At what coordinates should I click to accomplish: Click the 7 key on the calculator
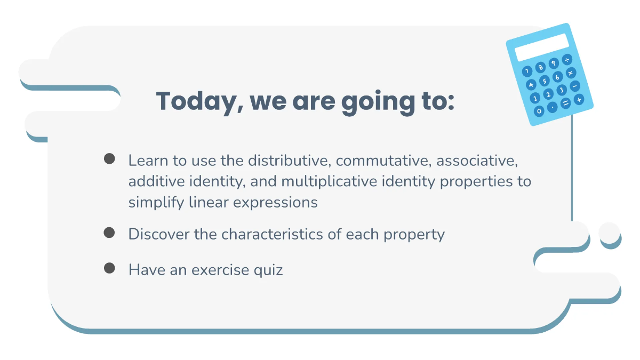click(527, 71)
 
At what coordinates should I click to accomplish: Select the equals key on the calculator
click(565, 103)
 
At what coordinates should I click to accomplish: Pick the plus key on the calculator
click(579, 99)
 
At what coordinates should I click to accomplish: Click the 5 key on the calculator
click(544, 81)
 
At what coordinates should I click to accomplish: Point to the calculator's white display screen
click(542, 47)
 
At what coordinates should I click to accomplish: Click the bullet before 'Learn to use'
click(110, 158)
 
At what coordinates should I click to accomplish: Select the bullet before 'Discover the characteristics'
click(110, 233)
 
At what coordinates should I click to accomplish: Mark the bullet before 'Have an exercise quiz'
click(110, 268)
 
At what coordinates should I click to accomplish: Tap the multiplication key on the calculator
click(571, 73)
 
